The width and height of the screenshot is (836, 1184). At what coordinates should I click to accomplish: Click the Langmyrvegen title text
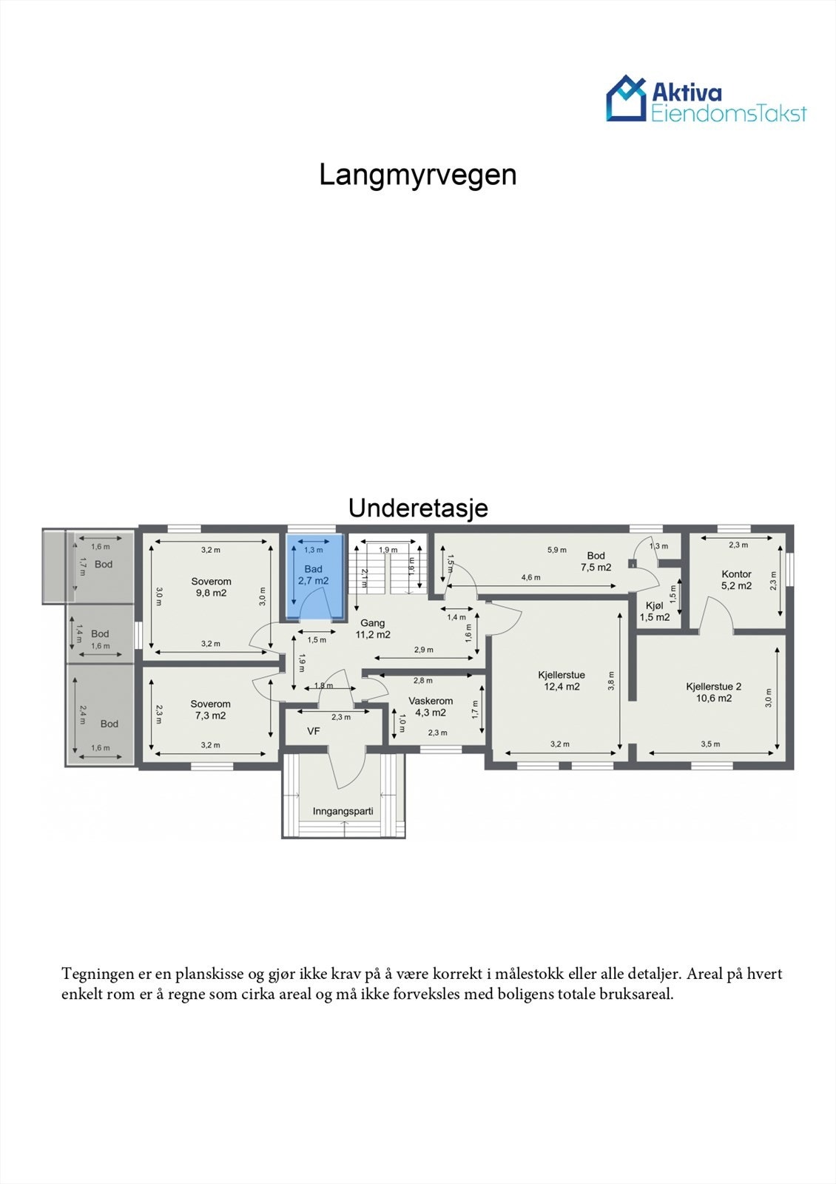(417, 175)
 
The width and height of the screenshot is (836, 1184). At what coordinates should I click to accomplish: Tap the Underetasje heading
(417, 508)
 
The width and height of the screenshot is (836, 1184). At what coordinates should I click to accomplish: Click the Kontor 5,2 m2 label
(736, 579)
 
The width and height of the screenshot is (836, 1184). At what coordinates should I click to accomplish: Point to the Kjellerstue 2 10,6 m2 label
(713, 692)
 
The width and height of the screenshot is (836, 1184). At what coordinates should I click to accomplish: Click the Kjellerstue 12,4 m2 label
(562, 681)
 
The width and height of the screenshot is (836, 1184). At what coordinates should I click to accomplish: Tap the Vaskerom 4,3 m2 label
(431, 707)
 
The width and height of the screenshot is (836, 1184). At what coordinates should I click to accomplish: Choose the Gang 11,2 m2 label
(373, 629)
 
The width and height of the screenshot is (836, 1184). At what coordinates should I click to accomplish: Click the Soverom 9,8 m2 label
(211, 587)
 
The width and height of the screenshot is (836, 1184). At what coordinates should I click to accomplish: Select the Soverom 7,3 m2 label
(210, 710)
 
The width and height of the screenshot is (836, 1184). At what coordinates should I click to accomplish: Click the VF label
(314, 731)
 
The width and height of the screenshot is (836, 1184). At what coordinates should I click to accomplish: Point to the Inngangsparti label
(343, 811)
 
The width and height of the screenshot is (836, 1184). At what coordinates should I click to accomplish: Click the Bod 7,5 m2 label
(596, 562)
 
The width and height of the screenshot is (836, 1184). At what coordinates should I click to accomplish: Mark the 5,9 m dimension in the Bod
(556, 550)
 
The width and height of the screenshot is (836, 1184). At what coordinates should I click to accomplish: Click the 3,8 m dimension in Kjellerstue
(611, 681)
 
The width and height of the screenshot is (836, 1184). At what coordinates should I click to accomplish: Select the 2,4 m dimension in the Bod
(83, 715)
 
